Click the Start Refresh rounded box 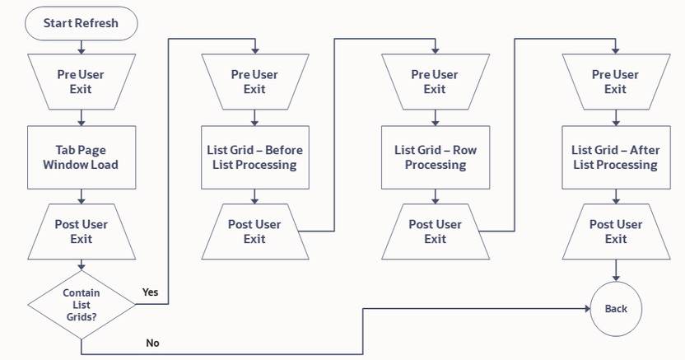81,23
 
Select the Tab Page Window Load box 81,157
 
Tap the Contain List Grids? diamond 81,305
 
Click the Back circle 616,309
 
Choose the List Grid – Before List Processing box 254,157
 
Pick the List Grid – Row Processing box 435,157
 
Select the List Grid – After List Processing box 615,157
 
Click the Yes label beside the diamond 150,292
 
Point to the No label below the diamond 152,343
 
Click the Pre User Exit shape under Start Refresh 81,82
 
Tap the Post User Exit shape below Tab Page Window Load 81,231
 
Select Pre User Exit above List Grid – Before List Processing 254,82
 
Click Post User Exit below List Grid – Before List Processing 254,231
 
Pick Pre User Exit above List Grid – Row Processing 435,82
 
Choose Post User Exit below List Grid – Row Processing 435,231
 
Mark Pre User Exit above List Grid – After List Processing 615,82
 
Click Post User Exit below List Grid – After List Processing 615,231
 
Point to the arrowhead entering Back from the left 587,309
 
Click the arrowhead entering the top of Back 616,279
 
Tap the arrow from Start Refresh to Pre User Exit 81,45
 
